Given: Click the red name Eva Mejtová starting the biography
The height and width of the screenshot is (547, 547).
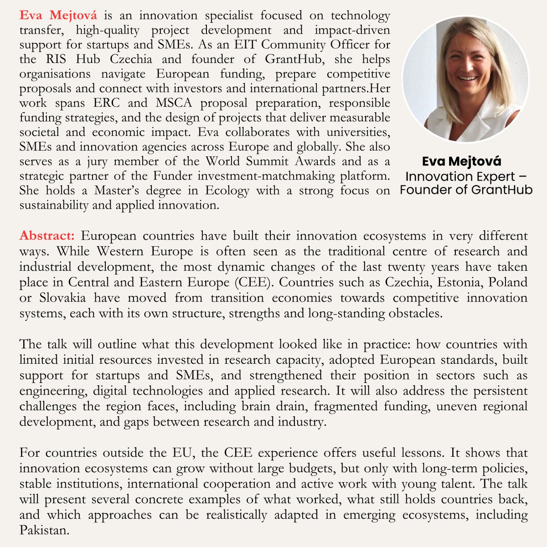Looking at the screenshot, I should coord(58,15).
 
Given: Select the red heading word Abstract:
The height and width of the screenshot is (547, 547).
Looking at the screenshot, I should coord(46,236).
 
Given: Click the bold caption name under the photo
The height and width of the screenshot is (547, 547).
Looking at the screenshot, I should coord(461,161).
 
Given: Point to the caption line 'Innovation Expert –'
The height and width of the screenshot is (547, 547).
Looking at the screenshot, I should coord(466,176).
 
